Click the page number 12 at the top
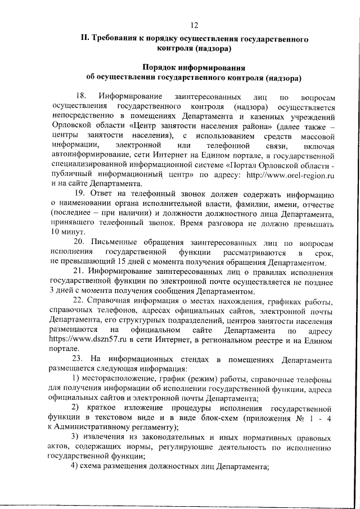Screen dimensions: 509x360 194,25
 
